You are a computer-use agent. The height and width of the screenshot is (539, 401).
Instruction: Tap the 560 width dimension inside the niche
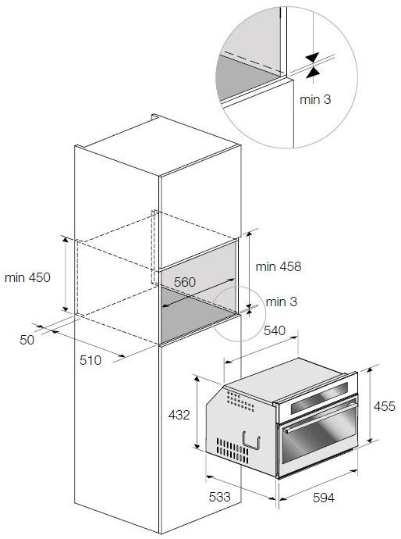[x=184, y=281]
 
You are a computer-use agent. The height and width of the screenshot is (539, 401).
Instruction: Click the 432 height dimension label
[x=179, y=416]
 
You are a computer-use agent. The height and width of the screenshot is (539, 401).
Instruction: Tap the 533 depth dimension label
[x=220, y=497]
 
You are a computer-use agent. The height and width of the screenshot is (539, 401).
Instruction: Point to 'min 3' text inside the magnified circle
[x=316, y=99]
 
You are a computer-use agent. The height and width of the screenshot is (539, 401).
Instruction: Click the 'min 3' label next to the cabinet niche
[x=281, y=302]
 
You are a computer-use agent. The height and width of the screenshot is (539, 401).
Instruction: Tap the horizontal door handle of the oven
[x=320, y=423]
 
